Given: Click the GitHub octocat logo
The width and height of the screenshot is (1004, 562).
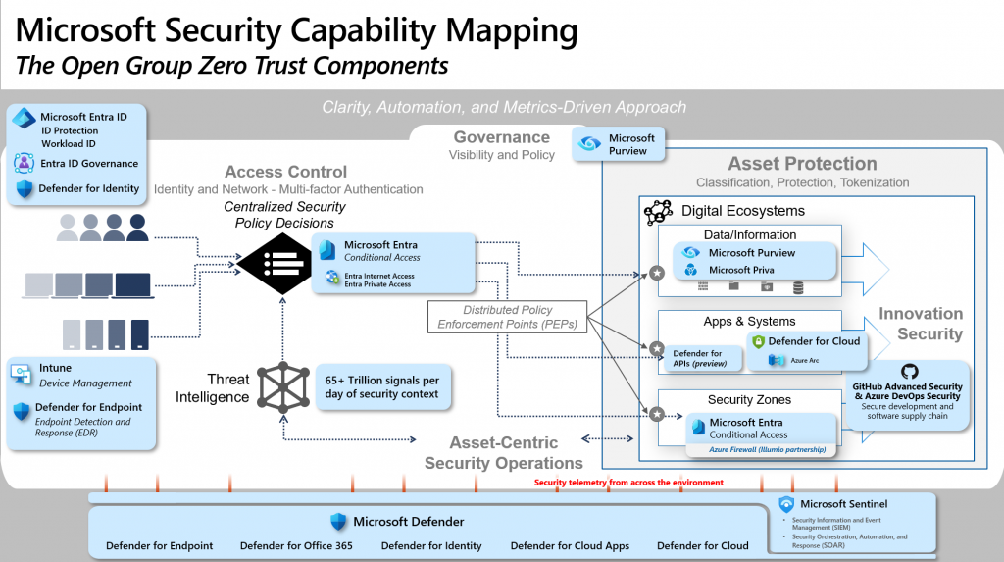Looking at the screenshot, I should (x=909, y=372).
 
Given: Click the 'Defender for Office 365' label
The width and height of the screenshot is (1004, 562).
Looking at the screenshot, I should (x=297, y=545).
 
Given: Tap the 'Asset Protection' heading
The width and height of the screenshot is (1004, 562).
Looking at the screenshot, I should (x=802, y=164).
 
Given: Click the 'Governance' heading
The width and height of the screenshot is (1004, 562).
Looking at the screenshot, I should (x=501, y=137).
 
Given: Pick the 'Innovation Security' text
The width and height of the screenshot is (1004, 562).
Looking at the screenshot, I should (x=920, y=324).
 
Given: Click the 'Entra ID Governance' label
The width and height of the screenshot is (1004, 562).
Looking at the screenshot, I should (x=88, y=164).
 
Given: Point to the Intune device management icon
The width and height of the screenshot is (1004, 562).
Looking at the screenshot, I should (x=23, y=373).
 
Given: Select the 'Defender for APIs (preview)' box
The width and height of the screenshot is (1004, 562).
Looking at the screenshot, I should (x=697, y=358).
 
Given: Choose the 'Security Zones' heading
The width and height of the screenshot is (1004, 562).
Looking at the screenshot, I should (x=749, y=400).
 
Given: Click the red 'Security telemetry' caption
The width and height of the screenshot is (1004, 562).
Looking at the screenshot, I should (x=628, y=483).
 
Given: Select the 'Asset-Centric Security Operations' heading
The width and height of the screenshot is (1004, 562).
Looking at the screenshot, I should (x=503, y=453).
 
